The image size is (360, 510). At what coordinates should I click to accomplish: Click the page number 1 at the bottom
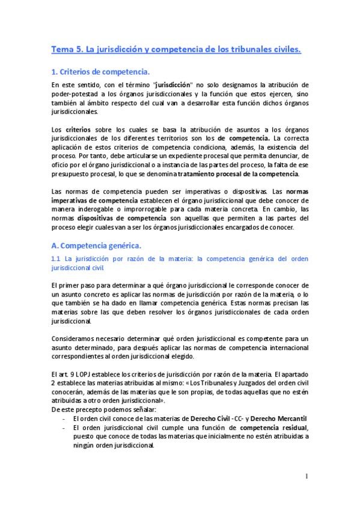306,477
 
